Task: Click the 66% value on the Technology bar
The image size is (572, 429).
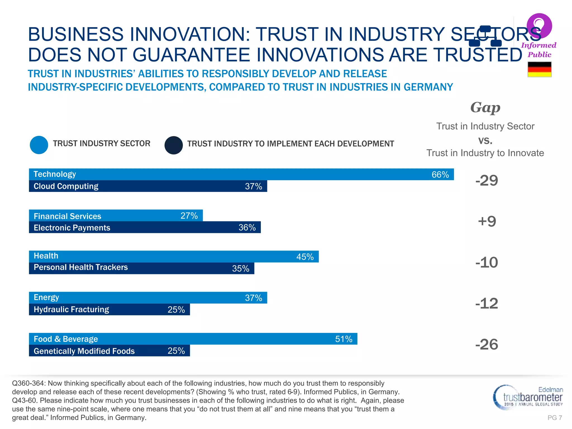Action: [x=440, y=175]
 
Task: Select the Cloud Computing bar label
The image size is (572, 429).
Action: [x=66, y=186]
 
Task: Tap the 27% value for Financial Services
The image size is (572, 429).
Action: [x=189, y=216]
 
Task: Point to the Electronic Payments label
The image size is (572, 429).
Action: [x=72, y=228]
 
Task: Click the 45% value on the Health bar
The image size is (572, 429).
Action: [x=305, y=257]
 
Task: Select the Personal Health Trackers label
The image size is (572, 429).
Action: [x=81, y=267]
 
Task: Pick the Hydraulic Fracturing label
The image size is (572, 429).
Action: [x=71, y=309]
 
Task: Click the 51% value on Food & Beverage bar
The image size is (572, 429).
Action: [x=344, y=339]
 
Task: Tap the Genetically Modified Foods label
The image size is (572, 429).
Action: [x=84, y=351]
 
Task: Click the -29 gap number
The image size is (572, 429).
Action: [x=487, y=180]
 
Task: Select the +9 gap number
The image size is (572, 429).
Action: [x=487, y=221]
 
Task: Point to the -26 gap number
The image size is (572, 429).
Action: [x=487, y=344]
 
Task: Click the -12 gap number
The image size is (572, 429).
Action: [x=487, y=304]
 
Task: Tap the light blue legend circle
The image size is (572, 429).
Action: [x=39, y=145]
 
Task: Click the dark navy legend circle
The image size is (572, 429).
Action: [x=173, y=145]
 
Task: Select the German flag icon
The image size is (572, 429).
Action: [x=539, y=69]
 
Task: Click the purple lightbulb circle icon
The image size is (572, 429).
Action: [x=539, y=26]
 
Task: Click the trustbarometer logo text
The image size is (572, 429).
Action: [x=532, y=397]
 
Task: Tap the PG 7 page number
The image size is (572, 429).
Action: [x=555, y=418]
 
